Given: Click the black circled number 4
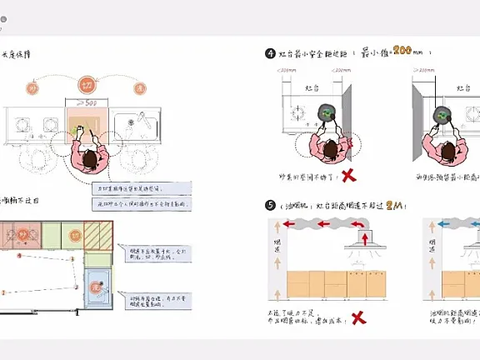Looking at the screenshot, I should tap(270, 53).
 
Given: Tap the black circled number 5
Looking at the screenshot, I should tap(270, 205).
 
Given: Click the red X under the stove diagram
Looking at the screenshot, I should tap(351, 176).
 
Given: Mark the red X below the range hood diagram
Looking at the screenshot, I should tap(359, 317).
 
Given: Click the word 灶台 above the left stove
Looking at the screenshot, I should tap(312, 87).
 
